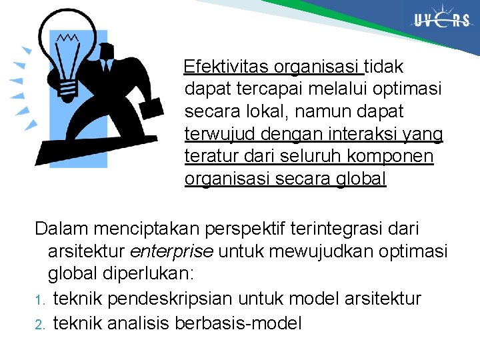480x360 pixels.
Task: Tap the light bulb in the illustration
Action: [67, 53]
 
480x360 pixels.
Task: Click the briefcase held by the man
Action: [151, 109]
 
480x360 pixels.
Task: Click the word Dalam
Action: [62, 229]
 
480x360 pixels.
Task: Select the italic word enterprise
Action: [171, 252]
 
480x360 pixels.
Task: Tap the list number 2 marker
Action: [39, 325]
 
